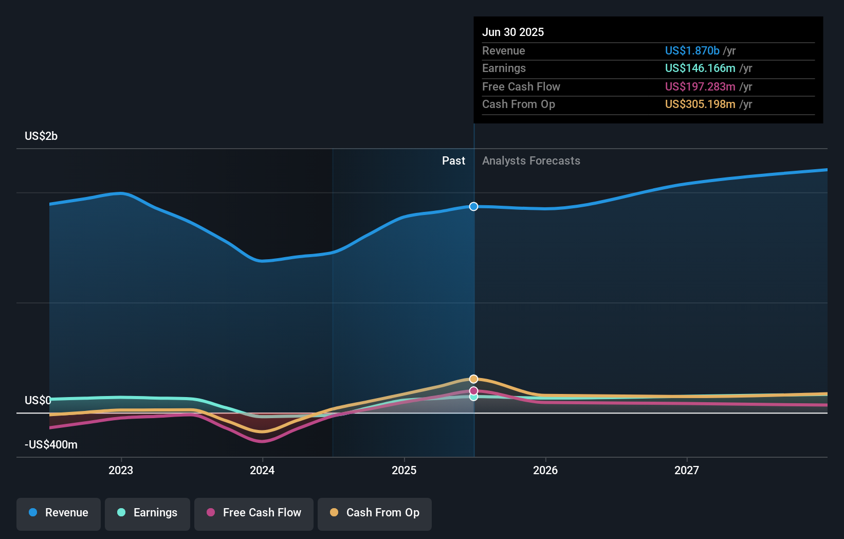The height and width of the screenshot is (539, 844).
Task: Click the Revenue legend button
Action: [59, 513]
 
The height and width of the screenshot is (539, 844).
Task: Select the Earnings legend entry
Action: [148, 513]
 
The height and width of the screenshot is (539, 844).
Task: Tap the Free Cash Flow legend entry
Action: [254, 513]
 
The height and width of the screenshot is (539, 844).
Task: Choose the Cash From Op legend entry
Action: [375, 513]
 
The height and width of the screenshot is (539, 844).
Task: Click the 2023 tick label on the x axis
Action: [121, 470]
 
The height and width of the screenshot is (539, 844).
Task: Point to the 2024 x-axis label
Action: [262, 470]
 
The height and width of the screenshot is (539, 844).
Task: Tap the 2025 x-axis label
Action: [404, 470]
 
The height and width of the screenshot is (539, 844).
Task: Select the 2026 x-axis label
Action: [545, 470]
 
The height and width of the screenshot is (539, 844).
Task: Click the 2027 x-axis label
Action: [687, 470]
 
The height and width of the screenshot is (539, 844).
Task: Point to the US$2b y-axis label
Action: [41, 136]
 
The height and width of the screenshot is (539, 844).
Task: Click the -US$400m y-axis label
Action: [51, 445]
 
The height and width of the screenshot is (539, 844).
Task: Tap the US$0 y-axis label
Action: [38, 400]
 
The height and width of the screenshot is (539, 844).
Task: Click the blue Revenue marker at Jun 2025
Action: [473, 206]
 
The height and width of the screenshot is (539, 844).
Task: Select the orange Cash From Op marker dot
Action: [473, 379]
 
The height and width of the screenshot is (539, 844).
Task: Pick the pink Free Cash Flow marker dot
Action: [473, 391]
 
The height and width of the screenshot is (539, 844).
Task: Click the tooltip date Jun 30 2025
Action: [512, 32]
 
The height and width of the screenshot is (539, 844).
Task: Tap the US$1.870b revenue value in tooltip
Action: [692, 50]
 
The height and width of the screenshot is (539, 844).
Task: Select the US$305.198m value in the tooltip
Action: [700, 104]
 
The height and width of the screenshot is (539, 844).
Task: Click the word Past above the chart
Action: [453, 161]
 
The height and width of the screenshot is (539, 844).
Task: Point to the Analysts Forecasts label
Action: [531, 161]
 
